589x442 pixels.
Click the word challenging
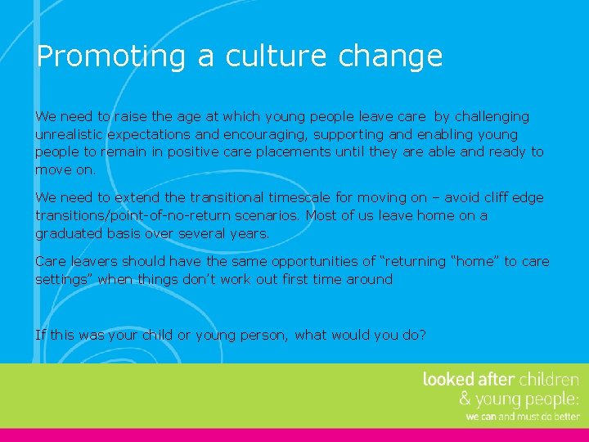click(x=489, y=116)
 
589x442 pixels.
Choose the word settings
click(x=62, y=280)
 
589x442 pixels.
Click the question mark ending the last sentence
click(x=423, y=334)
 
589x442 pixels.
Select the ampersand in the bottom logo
click(x=465, y=399)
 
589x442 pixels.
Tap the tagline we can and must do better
click(x=523, y=417)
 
